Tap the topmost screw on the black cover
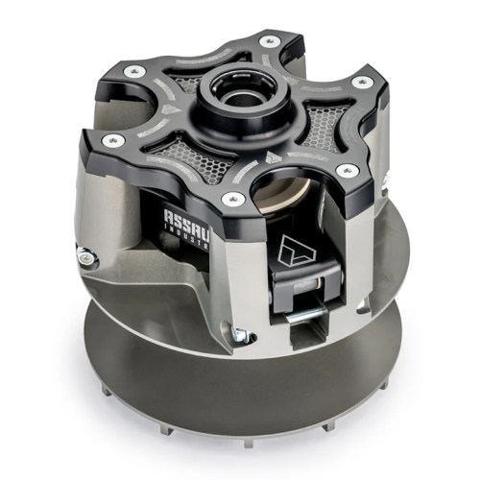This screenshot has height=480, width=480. (x=269, y=40)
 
